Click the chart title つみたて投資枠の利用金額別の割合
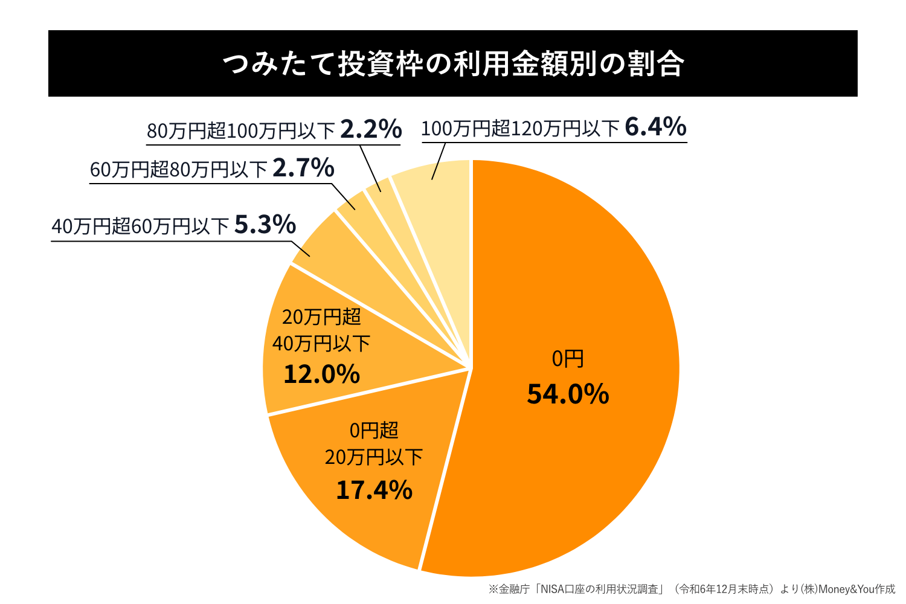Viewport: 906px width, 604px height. [453, 64]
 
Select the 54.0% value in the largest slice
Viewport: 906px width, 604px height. [568, 394]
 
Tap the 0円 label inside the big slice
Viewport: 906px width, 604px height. [568, 359]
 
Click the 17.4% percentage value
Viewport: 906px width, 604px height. [374, 490]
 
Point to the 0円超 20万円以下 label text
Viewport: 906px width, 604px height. [374, 444]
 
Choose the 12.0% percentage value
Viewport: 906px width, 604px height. [321, 374]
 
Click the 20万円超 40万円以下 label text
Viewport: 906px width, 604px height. [321, 330]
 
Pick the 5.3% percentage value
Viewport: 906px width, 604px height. [265, 225]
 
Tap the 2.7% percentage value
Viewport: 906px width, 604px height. [303, 168]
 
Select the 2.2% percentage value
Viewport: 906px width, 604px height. [371, 129]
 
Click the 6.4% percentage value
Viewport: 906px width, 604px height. [655, 127]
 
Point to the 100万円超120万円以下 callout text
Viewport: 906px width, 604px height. [520, 129]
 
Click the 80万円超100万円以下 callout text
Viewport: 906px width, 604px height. [240, 131]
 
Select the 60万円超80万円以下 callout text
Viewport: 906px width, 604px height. [178, 170]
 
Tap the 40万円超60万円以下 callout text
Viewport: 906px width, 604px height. [140, 226]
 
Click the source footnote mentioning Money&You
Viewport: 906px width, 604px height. [692, 589]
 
